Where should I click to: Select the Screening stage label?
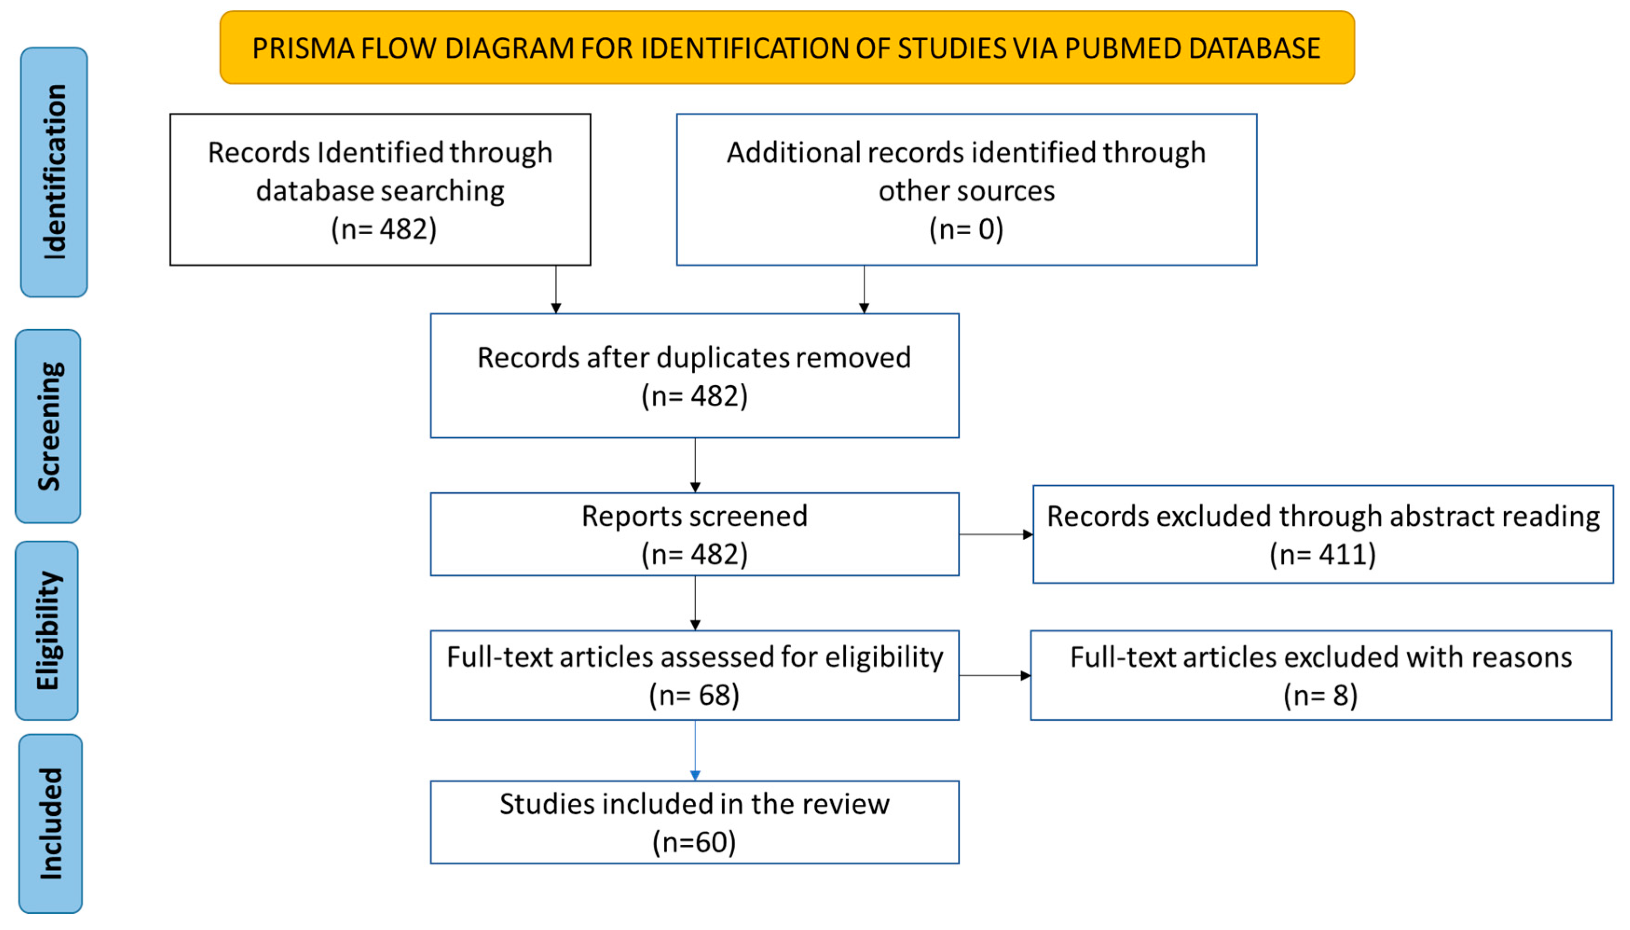coord(48,426)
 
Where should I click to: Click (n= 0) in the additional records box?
coord(966,229)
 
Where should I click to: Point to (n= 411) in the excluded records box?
coord(1322,554)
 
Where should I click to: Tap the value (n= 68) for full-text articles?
coord(694,694)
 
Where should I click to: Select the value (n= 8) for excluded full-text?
coord(1320,694)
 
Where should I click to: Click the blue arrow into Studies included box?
coord(695,751)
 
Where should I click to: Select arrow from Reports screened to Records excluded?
coord(996,534)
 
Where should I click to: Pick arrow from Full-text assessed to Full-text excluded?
coord(994,675)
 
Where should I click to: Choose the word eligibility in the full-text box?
coord(884,657)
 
